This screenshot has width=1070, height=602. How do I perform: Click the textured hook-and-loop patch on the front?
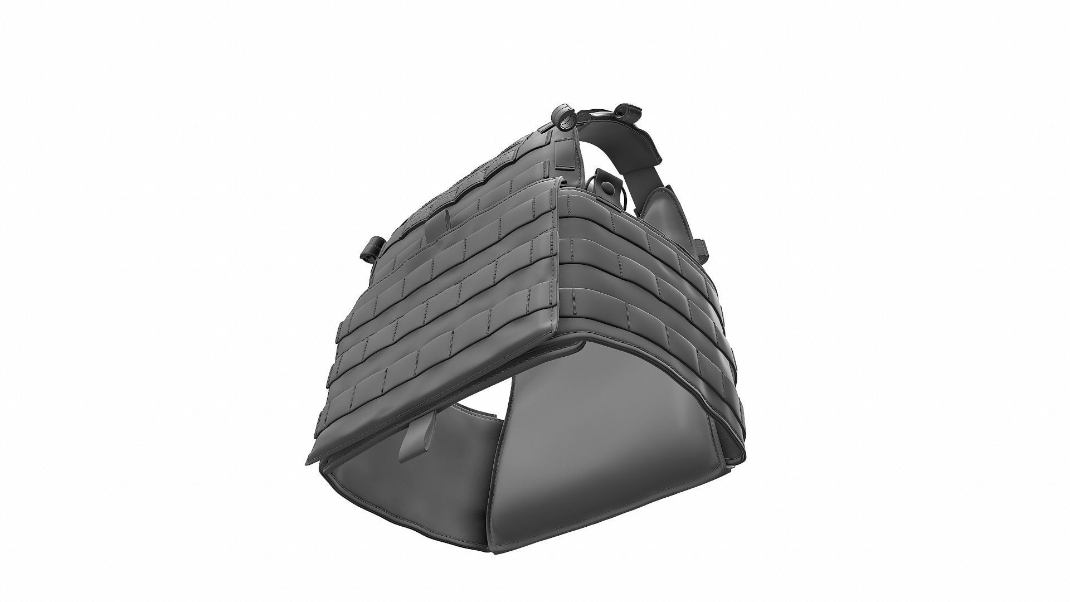click(x=446, y=190)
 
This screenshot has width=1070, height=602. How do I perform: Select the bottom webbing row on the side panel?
click(x=641, y=318)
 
